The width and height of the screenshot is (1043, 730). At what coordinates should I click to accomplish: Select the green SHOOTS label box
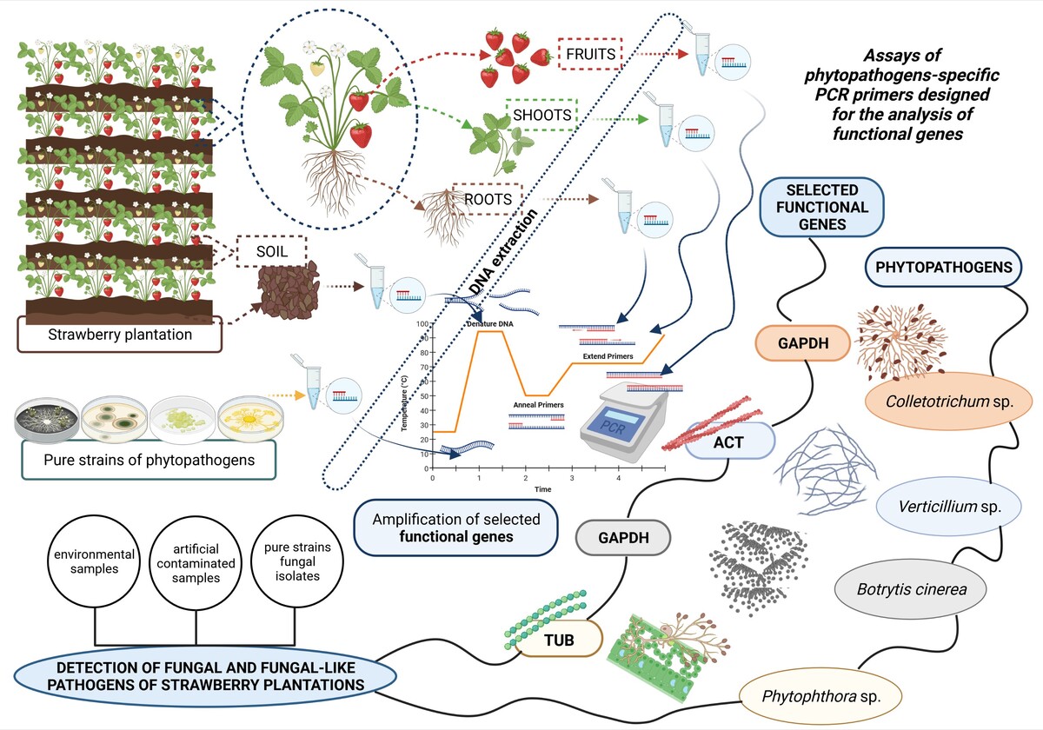click(x=541, y=115)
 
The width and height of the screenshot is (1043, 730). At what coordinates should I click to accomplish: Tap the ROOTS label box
click(x=487, y=199)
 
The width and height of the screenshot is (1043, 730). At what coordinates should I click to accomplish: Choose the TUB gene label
click(x=557, y=640)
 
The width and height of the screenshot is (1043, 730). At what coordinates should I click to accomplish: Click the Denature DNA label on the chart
click(x=493, y=323)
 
